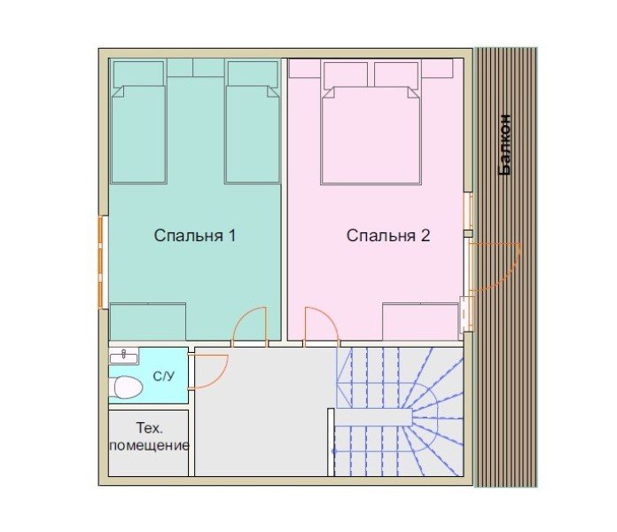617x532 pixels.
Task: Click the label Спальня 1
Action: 195,235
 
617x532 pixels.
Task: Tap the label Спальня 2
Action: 388,235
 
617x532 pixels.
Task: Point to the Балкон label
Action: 504,145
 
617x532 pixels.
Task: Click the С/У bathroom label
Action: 164,377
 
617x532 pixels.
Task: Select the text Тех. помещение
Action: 149,436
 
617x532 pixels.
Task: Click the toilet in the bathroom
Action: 127,387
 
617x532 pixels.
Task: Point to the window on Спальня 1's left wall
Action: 102,262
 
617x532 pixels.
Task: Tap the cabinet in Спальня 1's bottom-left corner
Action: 147,322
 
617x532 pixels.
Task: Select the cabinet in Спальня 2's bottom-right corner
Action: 421,322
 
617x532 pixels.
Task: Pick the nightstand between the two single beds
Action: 196,67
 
